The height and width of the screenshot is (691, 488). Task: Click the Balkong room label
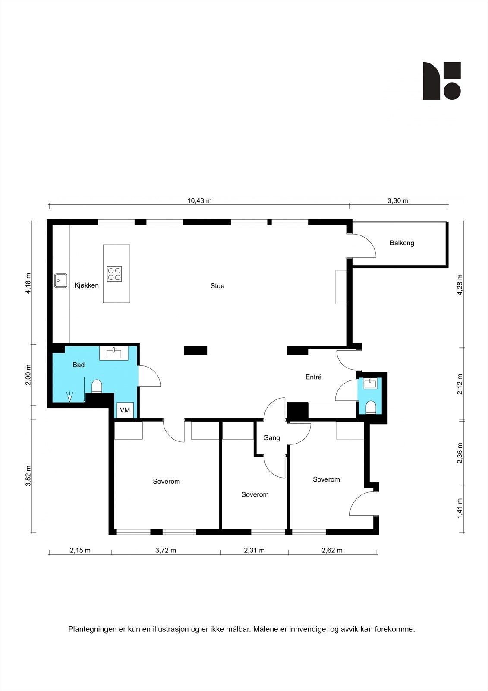point(402,243)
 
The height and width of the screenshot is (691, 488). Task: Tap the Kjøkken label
point(86,285)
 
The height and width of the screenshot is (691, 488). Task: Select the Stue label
point(217,286)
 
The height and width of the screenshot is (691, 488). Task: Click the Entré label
point(313,377)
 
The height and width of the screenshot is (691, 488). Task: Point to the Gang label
point(271,438)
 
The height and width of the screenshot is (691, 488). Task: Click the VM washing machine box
point(125,410)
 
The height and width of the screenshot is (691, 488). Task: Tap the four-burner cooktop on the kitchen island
point(114,274)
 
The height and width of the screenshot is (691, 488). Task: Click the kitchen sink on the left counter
point(60,281)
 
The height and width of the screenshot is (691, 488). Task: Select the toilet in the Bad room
point(97,387)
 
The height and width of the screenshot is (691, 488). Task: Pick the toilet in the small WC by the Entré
point(370,407)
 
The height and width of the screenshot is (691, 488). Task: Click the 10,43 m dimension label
point(199,201)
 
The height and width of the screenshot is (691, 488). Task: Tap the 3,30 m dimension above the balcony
point(398,201)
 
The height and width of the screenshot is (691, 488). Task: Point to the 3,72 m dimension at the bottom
point(166,550)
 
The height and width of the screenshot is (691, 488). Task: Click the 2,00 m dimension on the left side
point(28,375)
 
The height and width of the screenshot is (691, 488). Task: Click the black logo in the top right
point(441,81)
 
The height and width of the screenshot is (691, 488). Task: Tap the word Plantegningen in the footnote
point(92,629)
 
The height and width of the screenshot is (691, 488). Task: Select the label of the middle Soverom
point(255,495)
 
